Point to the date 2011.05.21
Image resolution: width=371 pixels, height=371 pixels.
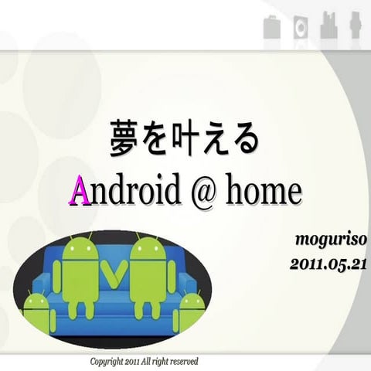click(328, 264)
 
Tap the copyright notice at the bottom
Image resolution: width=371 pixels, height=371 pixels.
click(145, 361)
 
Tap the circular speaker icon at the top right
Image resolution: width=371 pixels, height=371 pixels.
click(299, 27)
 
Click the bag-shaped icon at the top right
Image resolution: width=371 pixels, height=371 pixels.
click(271, 27)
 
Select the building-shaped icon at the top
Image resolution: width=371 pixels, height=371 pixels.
click(328, 26)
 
